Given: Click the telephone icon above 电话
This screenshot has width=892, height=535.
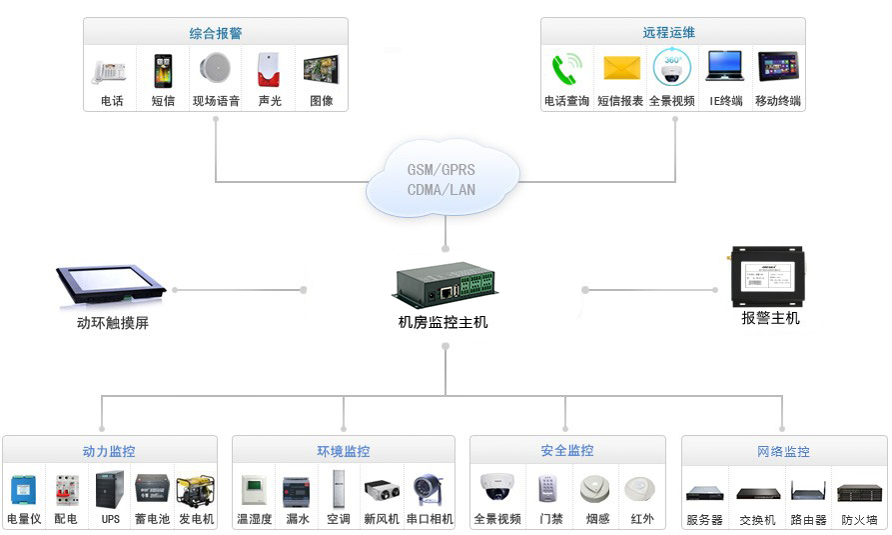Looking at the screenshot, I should (x=110, y=71).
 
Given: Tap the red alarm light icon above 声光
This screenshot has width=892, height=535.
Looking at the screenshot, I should (x=268, y=70).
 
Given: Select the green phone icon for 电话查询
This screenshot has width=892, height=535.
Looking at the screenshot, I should (x=566, y=69).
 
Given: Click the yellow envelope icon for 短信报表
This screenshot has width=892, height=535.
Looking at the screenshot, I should (x=620, y=68).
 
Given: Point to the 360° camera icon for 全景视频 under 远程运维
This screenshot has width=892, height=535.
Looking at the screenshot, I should (x=672, y=68).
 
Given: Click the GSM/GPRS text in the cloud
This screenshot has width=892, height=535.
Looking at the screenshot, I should (x=442, y=170).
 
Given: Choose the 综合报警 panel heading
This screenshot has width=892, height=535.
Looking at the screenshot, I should (x=216, y=33).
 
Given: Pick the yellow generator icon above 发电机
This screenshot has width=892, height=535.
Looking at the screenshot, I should (x=195, y=491).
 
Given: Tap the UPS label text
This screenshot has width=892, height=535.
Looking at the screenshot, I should (x=110, y=520).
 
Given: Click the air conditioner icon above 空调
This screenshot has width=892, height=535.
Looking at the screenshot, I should (x=339, y=490).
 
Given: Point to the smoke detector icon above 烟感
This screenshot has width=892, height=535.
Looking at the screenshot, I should (x=595, y=489).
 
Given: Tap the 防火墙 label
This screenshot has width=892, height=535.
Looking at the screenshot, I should (x=859, y=520).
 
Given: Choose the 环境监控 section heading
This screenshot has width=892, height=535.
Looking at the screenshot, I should (x=344, y=452).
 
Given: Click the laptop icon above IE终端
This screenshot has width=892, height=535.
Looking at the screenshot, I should (x=725, y=67).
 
